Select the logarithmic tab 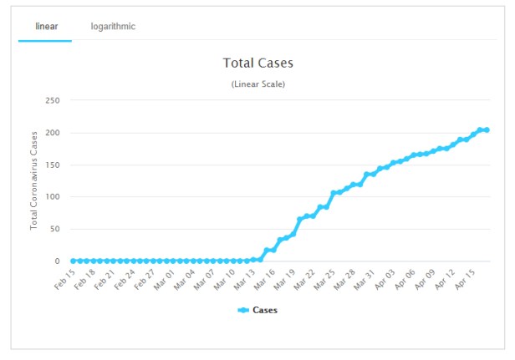click(x=113, y=27)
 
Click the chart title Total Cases click(x=258, y=63)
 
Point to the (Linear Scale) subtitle click(x=258, y=84)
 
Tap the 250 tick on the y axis click(x=53, y=100)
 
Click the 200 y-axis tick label click(x=53, y=133)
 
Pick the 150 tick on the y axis click(x=53, y=165)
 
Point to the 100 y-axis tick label click(x=53, y=197)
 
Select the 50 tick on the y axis click(x=55, y=229)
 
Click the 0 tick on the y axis click(x=58, y=261)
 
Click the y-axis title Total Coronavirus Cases click(x=34, y=180)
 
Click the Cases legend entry click(x=258, y=310)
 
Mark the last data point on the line click(x=487, y=129)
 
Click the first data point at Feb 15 click(x=74, y=261)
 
